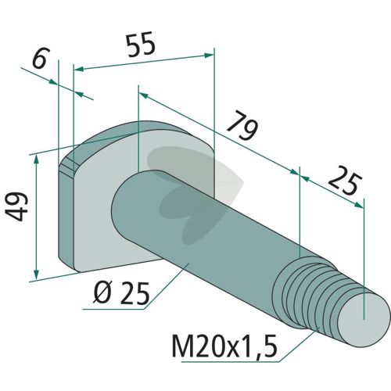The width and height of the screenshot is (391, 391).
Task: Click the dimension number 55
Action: point(141,45)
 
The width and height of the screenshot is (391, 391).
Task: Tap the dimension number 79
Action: point(242,126)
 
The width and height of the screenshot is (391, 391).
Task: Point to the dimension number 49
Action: point(16,206)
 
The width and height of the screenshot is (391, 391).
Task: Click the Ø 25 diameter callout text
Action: point(122,293)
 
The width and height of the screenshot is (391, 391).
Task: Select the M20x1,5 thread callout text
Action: point(224,346)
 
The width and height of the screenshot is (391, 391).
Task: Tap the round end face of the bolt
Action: point(364,320)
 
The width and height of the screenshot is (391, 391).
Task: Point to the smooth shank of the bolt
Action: point(198,224)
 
